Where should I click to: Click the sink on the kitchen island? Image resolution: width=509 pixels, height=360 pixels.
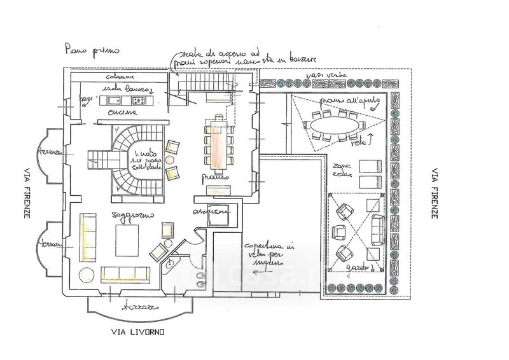(116, 100)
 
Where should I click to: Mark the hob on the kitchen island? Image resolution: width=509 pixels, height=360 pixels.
(139, 100)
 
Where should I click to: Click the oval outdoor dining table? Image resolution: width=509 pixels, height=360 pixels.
(334, 125)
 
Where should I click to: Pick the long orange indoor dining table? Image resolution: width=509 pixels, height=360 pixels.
(217, 142)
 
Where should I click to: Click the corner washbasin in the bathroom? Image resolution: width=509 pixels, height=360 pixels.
(171, 263)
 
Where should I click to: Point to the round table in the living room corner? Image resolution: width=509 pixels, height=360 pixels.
(85, 275)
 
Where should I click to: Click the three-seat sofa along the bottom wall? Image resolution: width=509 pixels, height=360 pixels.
(125, 274)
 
